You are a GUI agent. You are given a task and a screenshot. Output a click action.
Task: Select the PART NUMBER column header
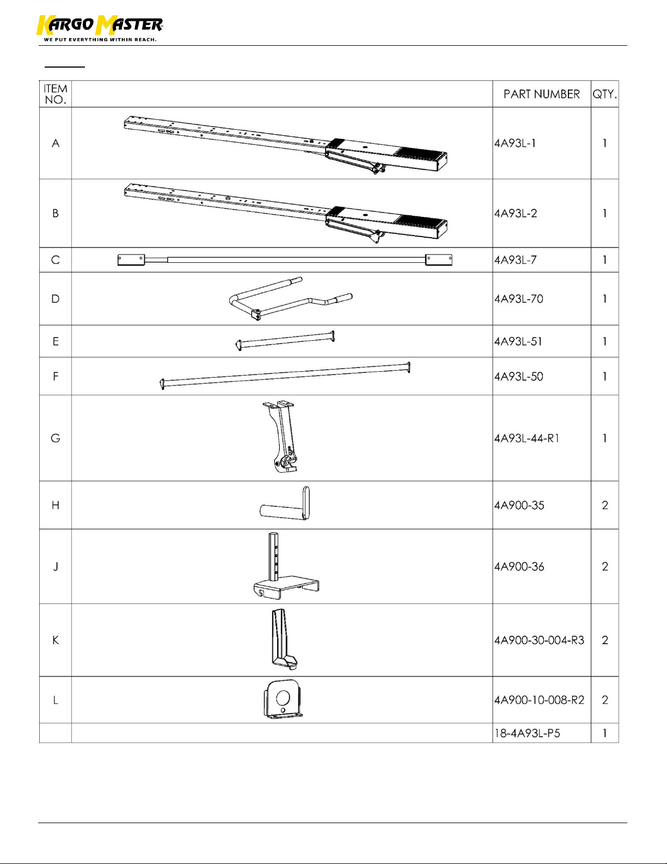[x=542, y=94]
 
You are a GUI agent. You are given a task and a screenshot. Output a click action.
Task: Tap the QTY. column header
[x=605, y=94]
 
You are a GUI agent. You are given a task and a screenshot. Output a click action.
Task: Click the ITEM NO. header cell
[x=56, y=94]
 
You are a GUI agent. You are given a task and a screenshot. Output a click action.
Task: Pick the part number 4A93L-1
[x=515, y=143]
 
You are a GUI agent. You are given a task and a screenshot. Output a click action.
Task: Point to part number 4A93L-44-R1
[x=527, y=438]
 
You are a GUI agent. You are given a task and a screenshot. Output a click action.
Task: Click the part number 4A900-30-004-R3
[x=539, y=640]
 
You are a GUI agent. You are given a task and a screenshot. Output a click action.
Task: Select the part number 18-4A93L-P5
[x=527, y=733]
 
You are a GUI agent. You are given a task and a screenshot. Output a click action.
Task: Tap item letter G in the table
[x=56, y=438]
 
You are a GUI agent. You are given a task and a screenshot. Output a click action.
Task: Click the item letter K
[x=56, y=640]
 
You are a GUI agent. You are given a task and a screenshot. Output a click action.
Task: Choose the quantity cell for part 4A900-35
[x=605, y=505]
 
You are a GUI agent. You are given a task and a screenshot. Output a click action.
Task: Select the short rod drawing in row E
[x=285, y=340]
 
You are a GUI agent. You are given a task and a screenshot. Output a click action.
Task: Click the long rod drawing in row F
[x=285, y=376]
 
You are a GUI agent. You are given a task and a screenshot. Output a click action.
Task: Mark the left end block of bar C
[x=131, y=260]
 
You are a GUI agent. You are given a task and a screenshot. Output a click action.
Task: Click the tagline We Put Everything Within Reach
[x=100, y=40]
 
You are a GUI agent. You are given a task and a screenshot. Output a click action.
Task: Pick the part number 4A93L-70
[x=518, y=299]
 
